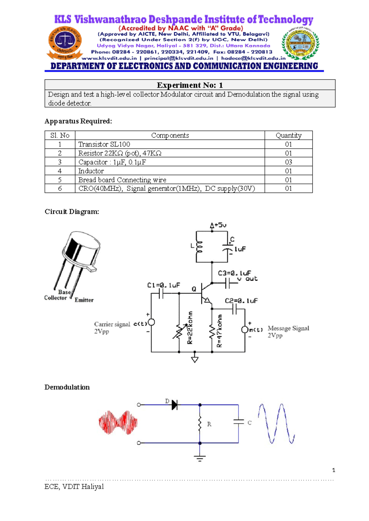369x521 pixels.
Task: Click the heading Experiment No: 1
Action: [190, 85]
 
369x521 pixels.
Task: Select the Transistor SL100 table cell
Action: [104, 144]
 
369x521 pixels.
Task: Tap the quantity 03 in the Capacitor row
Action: [288, 162]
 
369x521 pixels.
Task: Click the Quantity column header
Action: [288, 135]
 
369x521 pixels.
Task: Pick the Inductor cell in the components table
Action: [91, 171]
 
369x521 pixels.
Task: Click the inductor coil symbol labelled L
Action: [200, 247]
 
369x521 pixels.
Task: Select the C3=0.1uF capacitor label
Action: [234, 273]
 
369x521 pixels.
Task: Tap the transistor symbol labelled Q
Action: [205, 293]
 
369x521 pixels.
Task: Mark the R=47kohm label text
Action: [219, 331]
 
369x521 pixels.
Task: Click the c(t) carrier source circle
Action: [151, 323]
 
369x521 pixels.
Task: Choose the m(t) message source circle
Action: [244, 330]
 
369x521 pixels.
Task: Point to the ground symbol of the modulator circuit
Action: [195, 359]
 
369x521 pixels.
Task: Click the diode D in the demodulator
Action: [174, 405]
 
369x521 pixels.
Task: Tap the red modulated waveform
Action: [118, 422]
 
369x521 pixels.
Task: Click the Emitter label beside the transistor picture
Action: [84, 300]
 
